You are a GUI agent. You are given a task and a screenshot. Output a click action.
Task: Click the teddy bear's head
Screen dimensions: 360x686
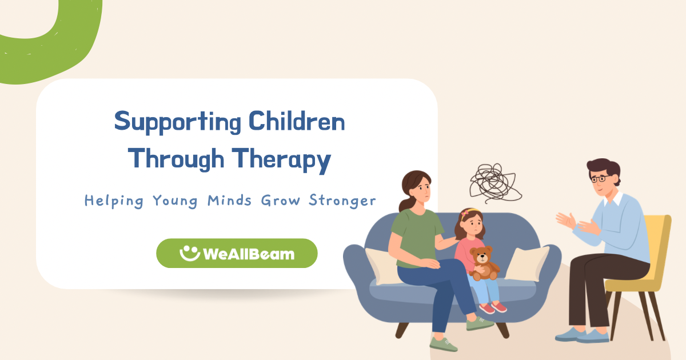pyautogui.click(x=481, y=255)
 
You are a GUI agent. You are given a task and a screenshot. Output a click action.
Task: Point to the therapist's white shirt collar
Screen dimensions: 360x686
pyautogui.click(x=612, y=198)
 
